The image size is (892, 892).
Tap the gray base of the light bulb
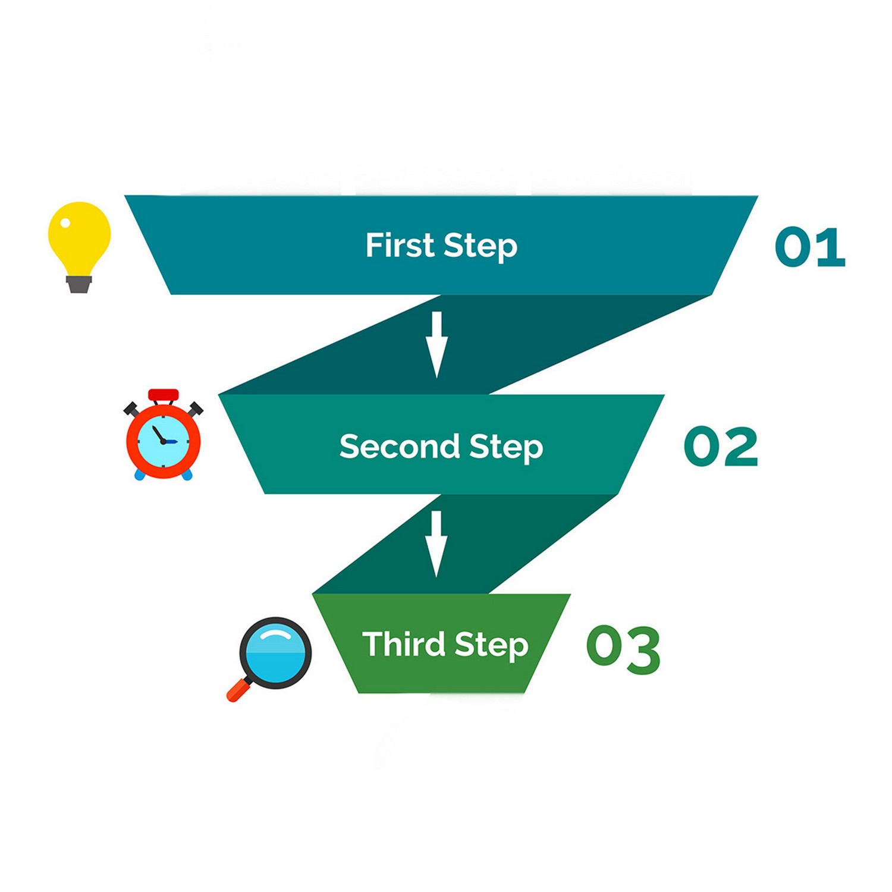click(x=79, y=285)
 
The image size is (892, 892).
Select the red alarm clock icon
click(x=164, y=437)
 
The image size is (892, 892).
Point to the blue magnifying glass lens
click(x=275, y=653)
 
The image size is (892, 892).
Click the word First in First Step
click(x=400, y=245)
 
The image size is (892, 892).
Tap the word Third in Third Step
click(x=403, y=644)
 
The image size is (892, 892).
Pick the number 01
click(x=810, y=247)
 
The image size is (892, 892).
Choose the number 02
click(x=721, y=446)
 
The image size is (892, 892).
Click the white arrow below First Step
click(x=436, y=344)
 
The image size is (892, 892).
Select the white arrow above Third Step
click(x=436, y=544)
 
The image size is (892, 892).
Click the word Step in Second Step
click(x=506, y=447)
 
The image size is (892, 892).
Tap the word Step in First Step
click(x=480, y=246)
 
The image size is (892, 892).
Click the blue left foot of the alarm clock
click(x=140, y=475)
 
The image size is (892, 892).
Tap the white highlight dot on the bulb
click(x=65, y=223)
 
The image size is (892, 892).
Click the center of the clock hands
click(x=164, y=442)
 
